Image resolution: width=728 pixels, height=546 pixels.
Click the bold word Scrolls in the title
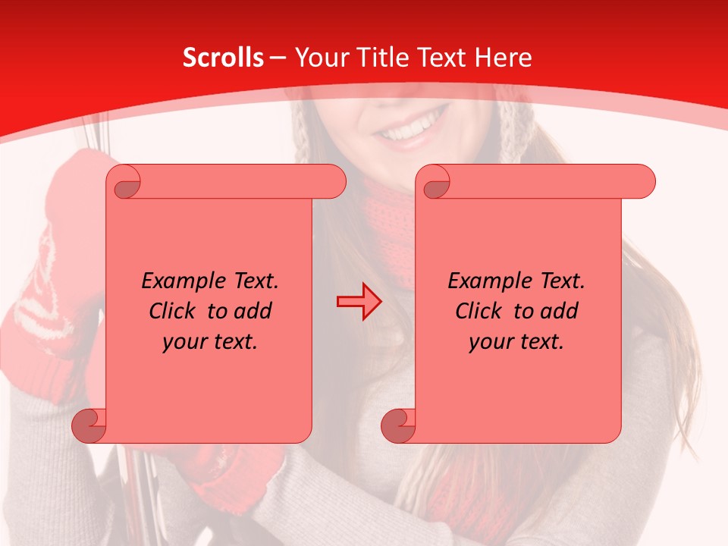pos(224,58)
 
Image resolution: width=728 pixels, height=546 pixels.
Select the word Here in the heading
pos(503,58)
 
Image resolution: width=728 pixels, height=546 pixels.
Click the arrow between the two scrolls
pos(359,302)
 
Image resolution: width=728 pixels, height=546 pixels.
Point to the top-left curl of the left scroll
pos(126,183)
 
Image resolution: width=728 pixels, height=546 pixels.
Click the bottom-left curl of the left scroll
pos(89,425)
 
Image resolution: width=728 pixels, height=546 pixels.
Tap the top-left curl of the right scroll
pos(435,183)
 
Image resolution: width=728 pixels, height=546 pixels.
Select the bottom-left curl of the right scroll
pos(397,425)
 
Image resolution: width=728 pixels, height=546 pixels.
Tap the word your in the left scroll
pos(182,343)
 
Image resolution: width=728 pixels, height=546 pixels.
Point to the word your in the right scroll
pos(488,343)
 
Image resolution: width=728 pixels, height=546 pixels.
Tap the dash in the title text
pos(278,58)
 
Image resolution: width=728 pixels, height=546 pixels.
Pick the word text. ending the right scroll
pos(539,343)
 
